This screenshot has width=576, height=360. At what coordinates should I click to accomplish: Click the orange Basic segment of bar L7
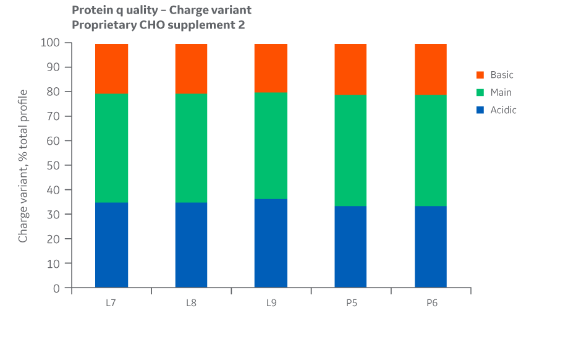(x=111, y=69)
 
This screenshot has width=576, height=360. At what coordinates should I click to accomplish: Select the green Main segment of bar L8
(x=191, y=148)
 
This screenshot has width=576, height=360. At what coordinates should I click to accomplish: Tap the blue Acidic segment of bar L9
(x=271, y=243)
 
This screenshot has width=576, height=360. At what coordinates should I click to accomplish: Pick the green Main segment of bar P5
(x=350, y=150)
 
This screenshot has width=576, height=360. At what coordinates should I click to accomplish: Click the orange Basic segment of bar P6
(x=430, y=69)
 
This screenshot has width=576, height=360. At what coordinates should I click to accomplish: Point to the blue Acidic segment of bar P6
(x=430, y=247)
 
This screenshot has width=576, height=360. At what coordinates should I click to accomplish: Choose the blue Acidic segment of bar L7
(x=111, y=245)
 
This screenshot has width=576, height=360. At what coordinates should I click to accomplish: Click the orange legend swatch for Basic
(x=480, y=75)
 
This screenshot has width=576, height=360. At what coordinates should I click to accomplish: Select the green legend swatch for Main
(x=480, y=93)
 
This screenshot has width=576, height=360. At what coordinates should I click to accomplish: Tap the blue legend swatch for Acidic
(x=480, y=110)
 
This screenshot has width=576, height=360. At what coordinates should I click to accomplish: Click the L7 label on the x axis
(x=111, y=303)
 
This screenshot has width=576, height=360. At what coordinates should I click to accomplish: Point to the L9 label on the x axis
(x=271, y=303)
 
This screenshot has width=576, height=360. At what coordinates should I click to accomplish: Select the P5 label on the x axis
(x=350, y=303)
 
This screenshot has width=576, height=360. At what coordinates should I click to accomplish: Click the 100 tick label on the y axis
(x=50, y=43)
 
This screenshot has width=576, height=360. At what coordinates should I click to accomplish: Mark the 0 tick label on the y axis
(x=56, y=288)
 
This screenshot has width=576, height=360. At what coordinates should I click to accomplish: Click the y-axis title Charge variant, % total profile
(x=23, y=166)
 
